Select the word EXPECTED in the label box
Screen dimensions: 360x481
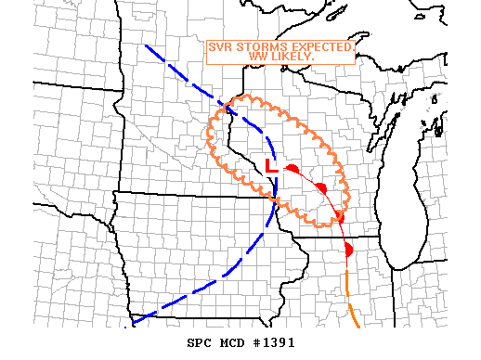320,46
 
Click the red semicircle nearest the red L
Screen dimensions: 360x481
292,170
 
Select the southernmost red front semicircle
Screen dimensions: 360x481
348,250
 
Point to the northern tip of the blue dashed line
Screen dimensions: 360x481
146,45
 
